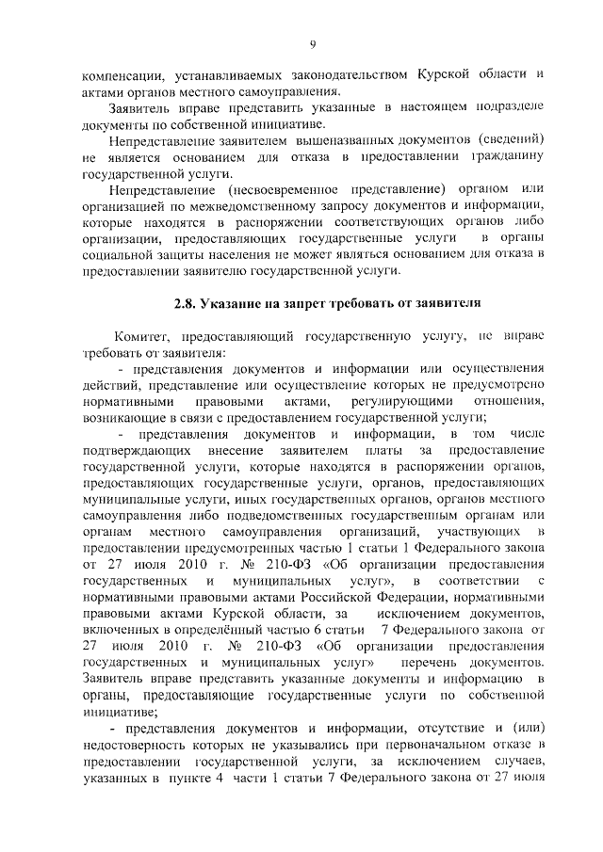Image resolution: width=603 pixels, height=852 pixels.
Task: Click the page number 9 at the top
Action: (x=312, y=43)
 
